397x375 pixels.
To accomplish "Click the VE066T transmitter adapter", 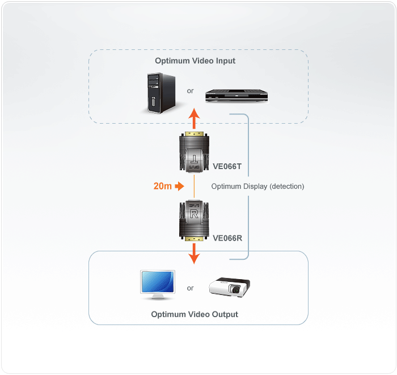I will click(x=195, y=153).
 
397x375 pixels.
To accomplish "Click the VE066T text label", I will click(x=227, y=166).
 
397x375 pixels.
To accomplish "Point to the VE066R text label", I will click(x=227, y=238).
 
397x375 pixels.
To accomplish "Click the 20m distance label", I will click(x=163, y=186).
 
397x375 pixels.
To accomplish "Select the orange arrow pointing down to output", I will click(x=195, y=253).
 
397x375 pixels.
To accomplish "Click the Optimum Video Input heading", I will click(x=195, y=61).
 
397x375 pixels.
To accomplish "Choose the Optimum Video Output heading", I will click(x=195, y=314).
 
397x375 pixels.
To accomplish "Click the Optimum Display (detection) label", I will click(x=257, y=186).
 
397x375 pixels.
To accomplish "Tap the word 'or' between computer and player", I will click(x=190, y=91).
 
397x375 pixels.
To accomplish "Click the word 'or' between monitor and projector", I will click(x=190, y=288).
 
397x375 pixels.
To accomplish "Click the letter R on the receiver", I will click(x=195, y=215).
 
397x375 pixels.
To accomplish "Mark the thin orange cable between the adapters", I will click(x=195, y=186).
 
